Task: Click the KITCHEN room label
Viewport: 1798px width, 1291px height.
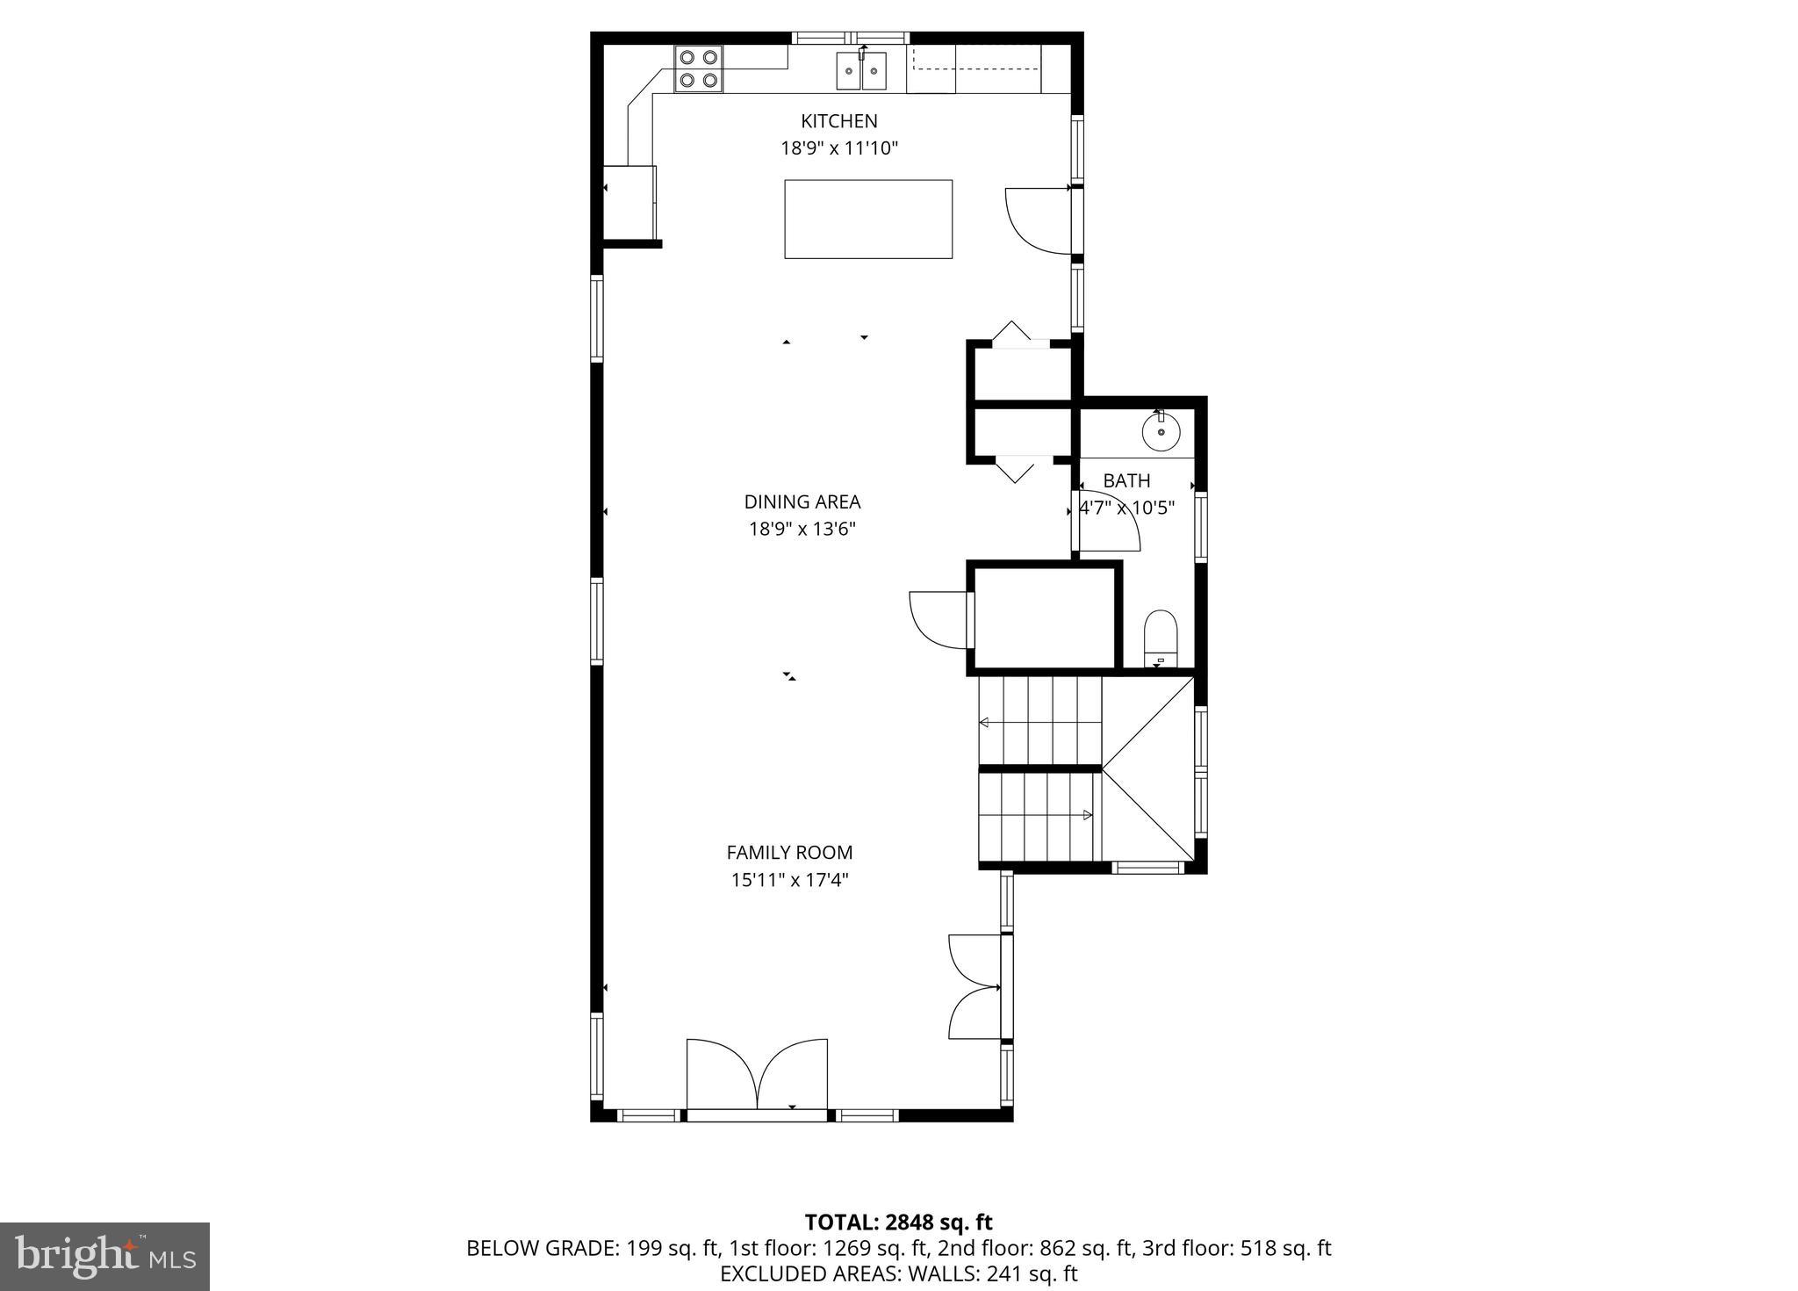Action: point(838,121)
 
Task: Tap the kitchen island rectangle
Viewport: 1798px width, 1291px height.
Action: point(867,219)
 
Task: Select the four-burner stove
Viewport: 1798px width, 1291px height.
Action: point(699,69)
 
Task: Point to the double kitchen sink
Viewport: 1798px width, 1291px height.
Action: point(861,70)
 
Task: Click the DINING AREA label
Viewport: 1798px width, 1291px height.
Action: point(802,501)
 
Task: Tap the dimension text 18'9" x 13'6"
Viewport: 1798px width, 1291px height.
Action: point(802,529)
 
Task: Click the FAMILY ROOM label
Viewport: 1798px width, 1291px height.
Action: point(789,852)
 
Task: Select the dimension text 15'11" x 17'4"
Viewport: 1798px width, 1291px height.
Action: point(789,879)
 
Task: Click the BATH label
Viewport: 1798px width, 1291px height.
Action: point(1126,480)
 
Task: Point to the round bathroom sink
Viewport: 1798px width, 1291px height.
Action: point(1161,432)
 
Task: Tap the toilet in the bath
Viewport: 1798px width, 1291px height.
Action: point(1160,637)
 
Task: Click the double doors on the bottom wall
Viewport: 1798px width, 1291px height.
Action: point(757,1078)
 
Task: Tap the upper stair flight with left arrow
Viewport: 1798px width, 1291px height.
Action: point(1040,722)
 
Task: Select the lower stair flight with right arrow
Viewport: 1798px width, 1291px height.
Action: point(1038,815)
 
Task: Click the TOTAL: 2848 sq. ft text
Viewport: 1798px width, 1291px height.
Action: point(898,1222)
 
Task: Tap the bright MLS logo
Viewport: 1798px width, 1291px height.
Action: point(104,1256)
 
